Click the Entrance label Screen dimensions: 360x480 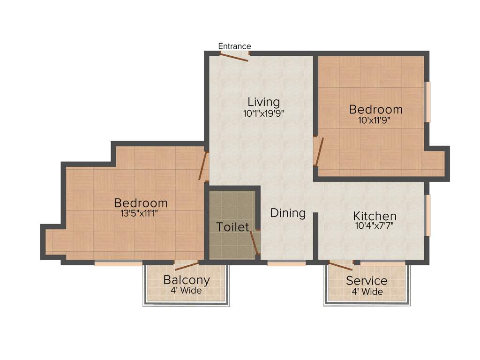[235, 46]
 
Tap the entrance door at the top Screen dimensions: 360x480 [234, 57]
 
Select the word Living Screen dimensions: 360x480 [263, 102]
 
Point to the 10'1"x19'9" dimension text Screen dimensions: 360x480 [263, 113]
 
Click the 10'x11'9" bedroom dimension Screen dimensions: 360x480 [375, 120]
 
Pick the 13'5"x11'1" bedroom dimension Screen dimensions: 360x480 [141, 213]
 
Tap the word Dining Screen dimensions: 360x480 [288, 213]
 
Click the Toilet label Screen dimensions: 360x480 [232, 227]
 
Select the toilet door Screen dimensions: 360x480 [255, 242]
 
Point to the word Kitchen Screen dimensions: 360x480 [375, 216]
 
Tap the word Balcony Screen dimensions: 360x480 [186, 280]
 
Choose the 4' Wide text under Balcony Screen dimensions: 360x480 [186, 291]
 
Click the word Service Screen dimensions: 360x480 [367, 281]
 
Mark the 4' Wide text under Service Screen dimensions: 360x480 [367, 292]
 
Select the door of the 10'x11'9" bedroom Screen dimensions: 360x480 [318, 151]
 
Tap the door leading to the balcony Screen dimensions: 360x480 [187, 266]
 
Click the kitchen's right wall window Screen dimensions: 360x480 [427, 215]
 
